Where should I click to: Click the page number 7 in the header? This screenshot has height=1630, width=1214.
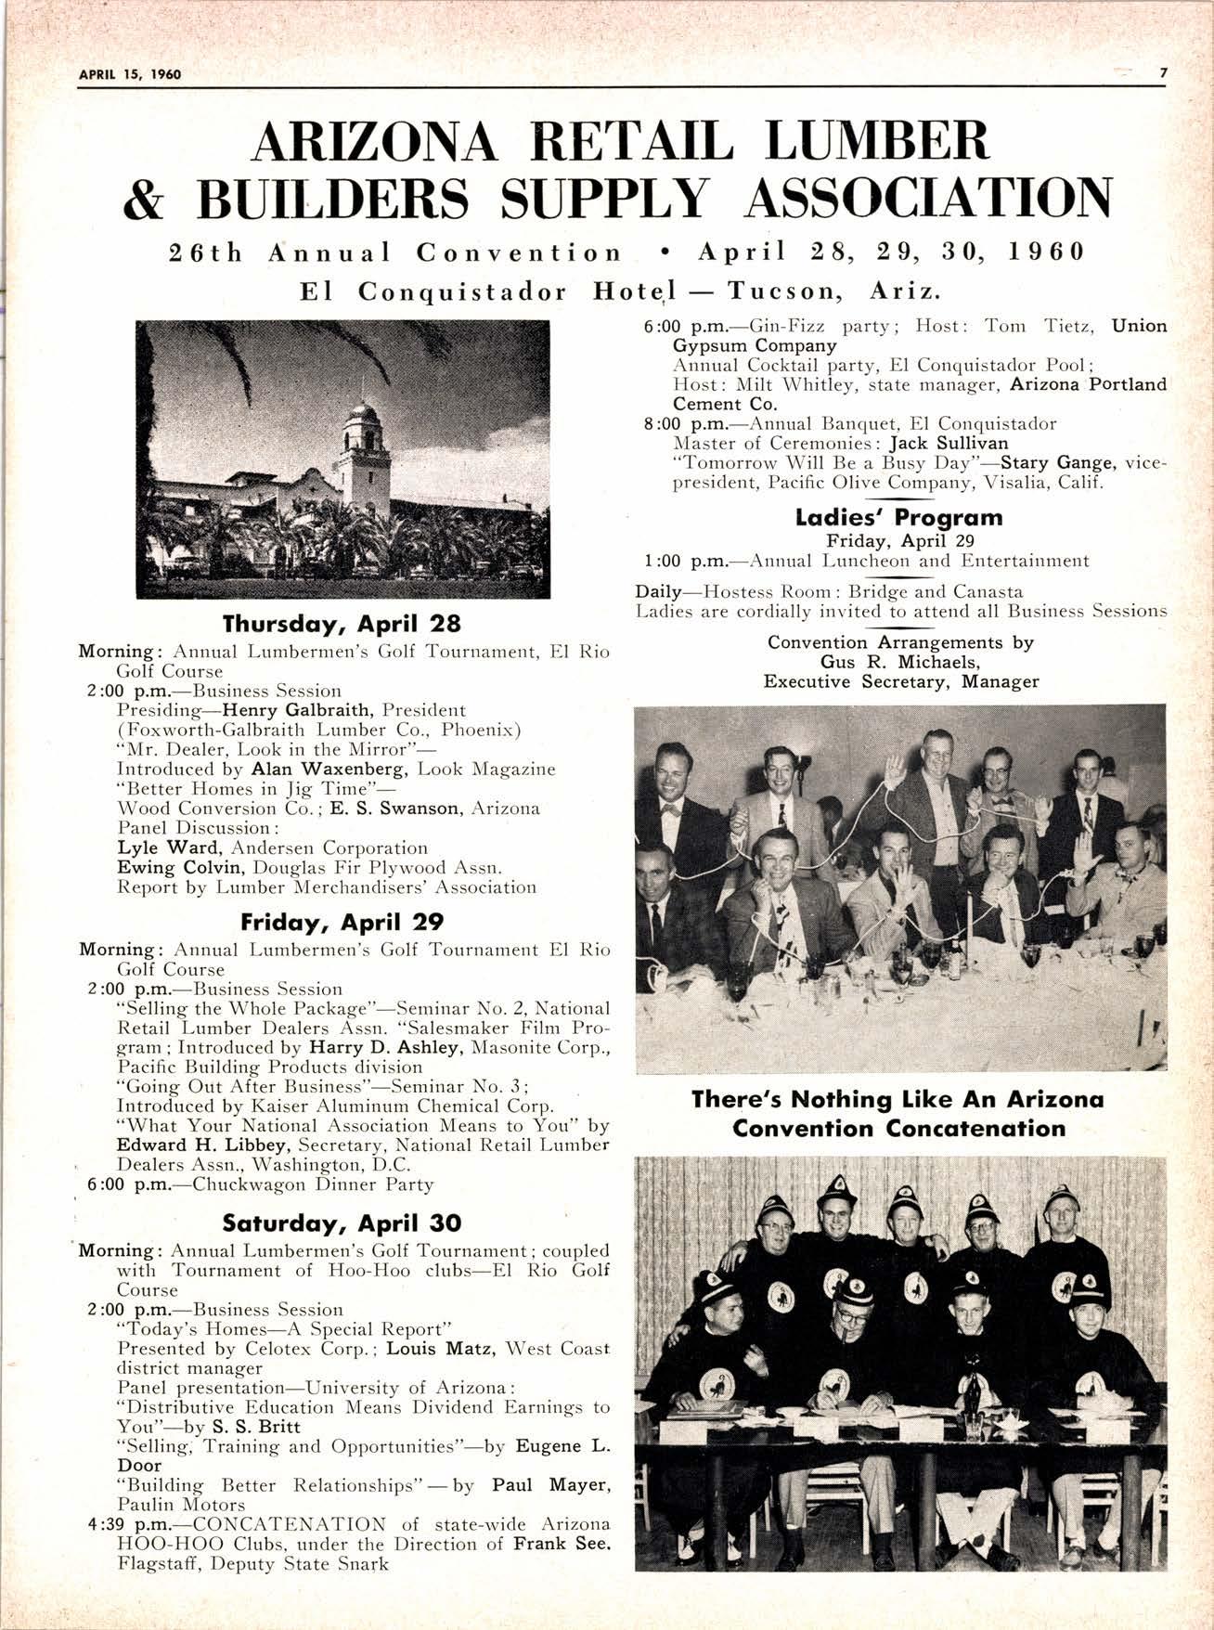tap(1161, 74)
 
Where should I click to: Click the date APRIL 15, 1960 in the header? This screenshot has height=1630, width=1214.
tap(129, 74)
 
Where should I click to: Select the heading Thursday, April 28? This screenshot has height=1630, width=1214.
tap(342, 622)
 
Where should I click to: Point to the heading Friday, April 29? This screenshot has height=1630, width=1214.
tap(342, 922)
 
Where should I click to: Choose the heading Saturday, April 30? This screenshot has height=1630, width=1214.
tap(342, 1222)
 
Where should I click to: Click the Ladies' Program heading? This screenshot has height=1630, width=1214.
tap(898, 517)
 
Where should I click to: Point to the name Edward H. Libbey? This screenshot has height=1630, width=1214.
tap(194, 1145)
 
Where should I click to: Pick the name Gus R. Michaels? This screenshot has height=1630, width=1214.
tap(899, 662)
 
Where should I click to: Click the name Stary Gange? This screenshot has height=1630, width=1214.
tap(1065, 462)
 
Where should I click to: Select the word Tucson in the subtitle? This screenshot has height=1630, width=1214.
tap(785, 292)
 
